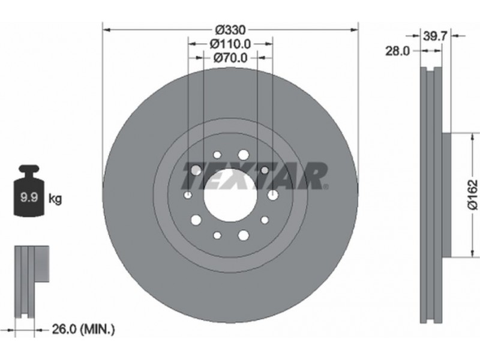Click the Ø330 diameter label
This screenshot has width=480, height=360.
click(x=230, y=30)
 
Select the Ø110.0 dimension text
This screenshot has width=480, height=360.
click(x=230, y=44)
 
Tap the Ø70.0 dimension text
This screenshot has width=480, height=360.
click(x=230, y=58)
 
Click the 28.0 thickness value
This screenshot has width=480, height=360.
click(x=397, y=51)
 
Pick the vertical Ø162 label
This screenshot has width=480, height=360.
click(x=473, y=194)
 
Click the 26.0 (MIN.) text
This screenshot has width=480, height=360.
click(x=83, y=329)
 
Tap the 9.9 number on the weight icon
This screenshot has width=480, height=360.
click(x=29, y=197)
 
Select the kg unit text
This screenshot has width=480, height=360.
click(x=55, y=199)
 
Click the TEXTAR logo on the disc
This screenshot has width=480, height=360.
click(x=254, y=176)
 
